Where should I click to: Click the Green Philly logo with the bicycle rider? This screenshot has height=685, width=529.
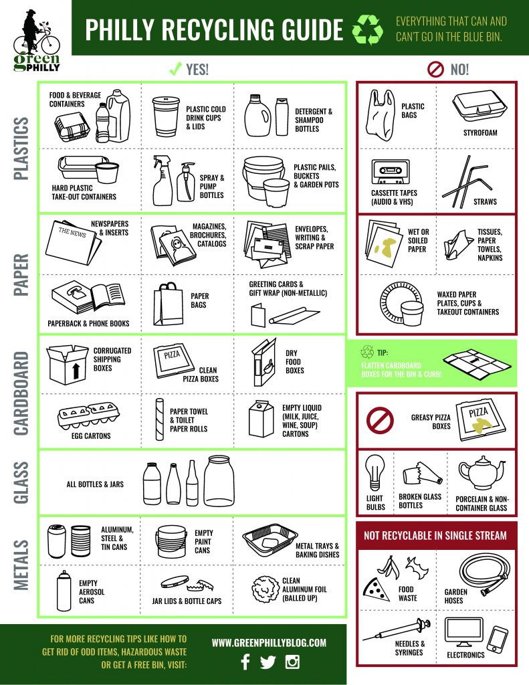coord(36,41)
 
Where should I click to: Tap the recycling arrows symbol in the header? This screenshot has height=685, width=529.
coord(366,30)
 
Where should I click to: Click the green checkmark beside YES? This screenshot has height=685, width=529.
coord(175,68)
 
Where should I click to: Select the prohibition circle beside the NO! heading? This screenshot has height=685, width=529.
coord(435,69)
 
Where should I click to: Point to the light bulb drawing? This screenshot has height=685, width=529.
coord(375,474)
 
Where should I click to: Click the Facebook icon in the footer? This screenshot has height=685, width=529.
coord(245,662)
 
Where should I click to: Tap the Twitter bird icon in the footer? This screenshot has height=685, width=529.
coord(268,662)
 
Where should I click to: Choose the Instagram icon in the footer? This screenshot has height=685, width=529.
coord(292,662)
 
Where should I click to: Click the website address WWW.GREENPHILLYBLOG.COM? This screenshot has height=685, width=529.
coord(269,642)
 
